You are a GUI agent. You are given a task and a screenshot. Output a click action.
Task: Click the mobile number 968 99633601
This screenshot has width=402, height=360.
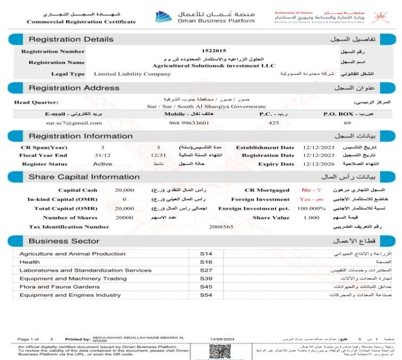coord(190,122)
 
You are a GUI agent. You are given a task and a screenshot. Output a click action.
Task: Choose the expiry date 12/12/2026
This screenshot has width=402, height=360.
coord(318,164)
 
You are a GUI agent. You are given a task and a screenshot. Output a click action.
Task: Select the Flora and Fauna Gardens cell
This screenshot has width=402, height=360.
coord(59,287)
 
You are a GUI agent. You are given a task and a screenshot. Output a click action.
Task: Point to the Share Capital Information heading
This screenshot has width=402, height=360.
coord(84,177)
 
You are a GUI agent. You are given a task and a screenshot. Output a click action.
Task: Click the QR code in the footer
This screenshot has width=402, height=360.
coord(219,352)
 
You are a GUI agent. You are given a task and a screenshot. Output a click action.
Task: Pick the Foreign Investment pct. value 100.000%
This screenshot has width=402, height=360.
coord(309,208)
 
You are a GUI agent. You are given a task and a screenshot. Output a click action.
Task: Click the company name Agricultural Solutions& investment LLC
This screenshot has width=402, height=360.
coord(211,65)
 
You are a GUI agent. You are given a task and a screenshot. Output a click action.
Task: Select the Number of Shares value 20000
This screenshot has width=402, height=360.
coord(124,217)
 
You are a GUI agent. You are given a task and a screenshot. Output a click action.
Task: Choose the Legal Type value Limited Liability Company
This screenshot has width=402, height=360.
coord(132,74)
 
